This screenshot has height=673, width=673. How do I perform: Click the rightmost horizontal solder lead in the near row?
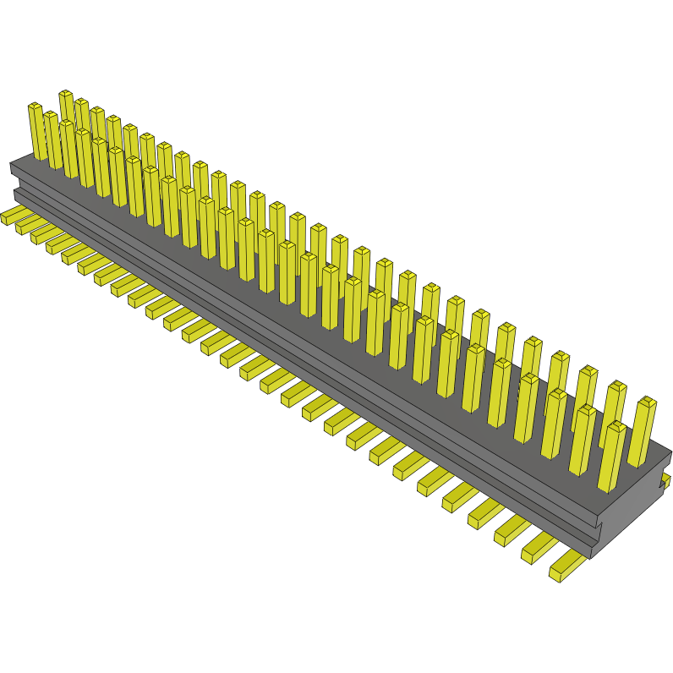pos(566,567)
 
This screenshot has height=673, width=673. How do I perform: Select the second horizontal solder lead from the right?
pos(538,549)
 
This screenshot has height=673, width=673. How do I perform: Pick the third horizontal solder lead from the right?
pos(512,529)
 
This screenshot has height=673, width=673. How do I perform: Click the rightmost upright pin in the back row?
pos(642,431)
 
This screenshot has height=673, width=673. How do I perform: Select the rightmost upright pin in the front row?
pos(611,457)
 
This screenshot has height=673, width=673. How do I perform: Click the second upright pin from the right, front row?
pos(583,439)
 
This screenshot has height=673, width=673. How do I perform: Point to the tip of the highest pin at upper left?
pos(65,94)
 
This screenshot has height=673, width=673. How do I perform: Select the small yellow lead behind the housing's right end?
pos(666,481)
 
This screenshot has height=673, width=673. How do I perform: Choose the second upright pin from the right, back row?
pos(615,414)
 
